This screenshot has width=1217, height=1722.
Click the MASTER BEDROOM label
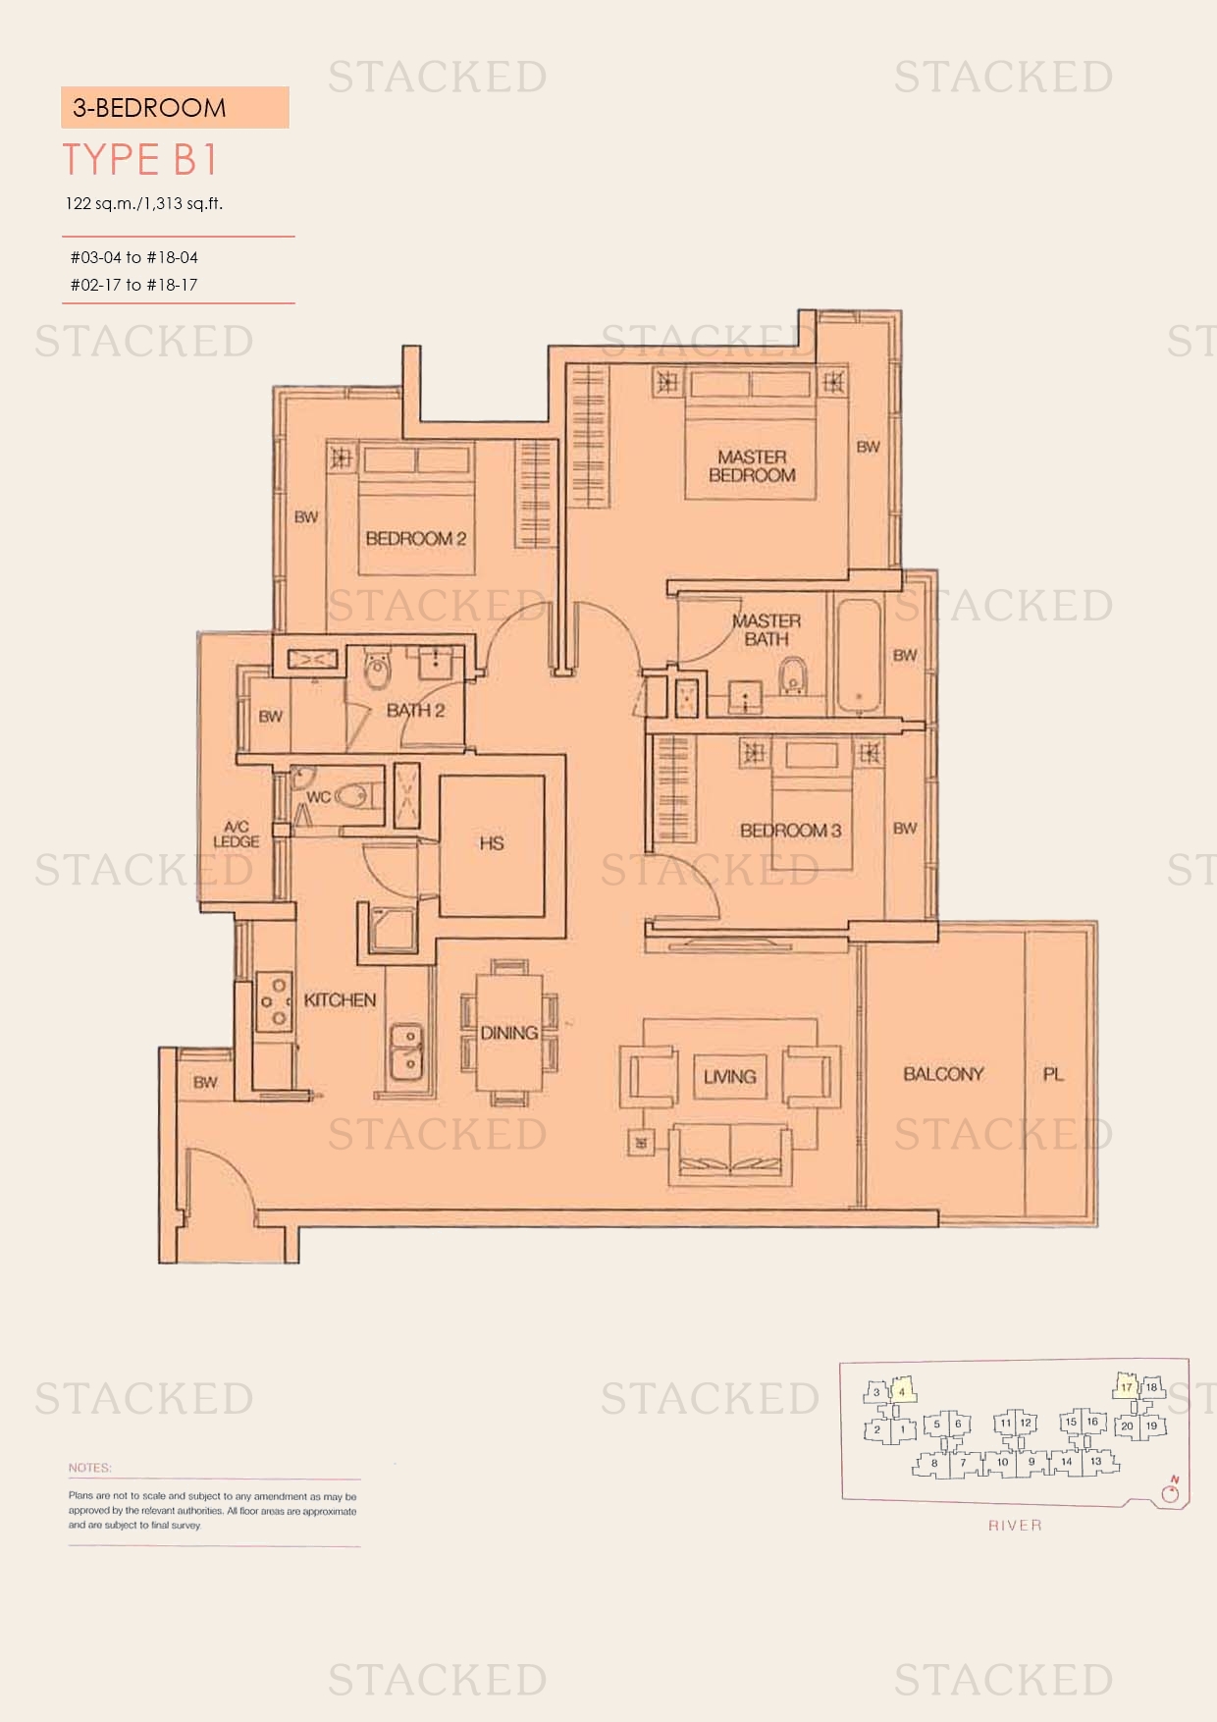(x=752, y=466)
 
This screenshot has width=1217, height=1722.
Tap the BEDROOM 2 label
(x=415, y=538)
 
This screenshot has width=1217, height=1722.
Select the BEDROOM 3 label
(x=790, y=831)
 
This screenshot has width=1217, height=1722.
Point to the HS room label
(x=492, y=843)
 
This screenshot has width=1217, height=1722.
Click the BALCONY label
(x=942, y=1074)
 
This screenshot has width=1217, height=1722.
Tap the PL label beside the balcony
(x=1053, y=1074)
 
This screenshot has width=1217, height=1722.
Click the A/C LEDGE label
(x=237, y=834)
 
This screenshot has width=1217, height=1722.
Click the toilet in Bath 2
(x=376, y=673)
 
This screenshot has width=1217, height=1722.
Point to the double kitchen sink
(x=405, y=1050)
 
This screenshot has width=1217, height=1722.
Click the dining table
(x=508, y=1032)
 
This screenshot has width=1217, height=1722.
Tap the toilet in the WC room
(x=358, y=795)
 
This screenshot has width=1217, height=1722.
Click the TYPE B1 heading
(x=140, y=160)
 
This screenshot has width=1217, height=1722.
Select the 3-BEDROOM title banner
(x=175, y=107)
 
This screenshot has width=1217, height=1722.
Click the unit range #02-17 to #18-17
(x=133, y=285)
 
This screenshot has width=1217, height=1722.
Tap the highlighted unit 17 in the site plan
(x=1126, y=1387)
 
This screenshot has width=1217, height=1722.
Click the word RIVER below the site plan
(x=1015, y=1525)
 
